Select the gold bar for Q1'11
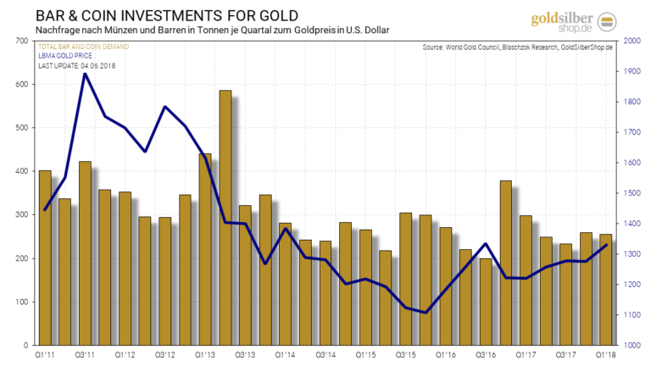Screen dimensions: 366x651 pos(45,258)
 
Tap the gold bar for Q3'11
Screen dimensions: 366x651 pos(85,253)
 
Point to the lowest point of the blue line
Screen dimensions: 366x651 pos(426,313)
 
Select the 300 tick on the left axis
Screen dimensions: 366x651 pos(19,215)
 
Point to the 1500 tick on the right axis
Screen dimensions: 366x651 pos(630,193)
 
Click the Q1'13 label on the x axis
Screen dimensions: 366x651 pos(205,356)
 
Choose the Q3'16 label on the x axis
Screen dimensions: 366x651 pos(487,356)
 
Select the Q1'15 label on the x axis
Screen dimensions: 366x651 pos(366,356)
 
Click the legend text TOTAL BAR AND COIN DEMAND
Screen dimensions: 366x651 pos(83,45)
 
